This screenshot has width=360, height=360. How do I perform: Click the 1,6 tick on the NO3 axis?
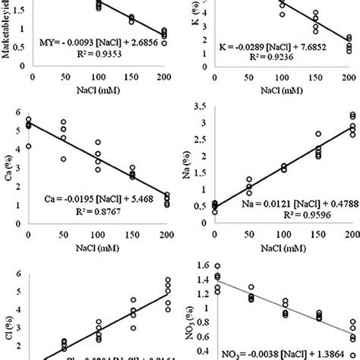pos(206,265)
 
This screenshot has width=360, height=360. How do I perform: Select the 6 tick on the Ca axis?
pos(23,115)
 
